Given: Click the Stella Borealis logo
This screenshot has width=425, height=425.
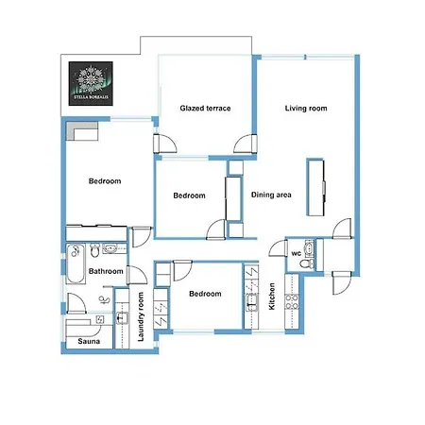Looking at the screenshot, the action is click(91, 83).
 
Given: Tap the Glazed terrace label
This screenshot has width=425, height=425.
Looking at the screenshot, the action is click(205, 109).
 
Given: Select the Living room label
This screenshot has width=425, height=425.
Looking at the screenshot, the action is click(306, 109).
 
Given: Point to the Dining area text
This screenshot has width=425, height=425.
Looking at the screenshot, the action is click(271, 195).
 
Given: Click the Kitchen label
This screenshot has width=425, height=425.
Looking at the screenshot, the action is click(272, 297).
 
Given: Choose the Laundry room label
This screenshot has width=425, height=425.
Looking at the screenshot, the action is click(141, 316).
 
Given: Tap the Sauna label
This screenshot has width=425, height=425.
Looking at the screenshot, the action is click(89, 341).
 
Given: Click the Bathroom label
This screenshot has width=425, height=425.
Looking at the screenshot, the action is click(106, 271).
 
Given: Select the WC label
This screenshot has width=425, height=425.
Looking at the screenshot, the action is click(297, 253).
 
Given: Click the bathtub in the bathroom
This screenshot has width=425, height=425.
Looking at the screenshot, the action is click(76, 263).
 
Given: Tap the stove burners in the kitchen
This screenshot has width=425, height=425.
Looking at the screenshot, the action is click(292, 301).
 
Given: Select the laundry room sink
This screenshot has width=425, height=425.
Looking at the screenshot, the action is click(122, 317).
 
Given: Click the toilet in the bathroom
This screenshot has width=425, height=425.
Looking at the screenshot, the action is click(94, 250).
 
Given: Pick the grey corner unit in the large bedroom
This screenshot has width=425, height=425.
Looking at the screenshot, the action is click(82, 131).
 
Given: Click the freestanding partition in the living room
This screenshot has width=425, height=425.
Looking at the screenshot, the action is click(315, 188).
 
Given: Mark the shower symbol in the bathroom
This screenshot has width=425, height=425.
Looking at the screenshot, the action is click(104, 299).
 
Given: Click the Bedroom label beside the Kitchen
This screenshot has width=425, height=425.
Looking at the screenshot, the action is click(205, 294).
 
